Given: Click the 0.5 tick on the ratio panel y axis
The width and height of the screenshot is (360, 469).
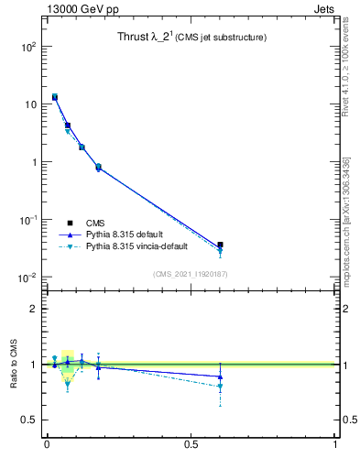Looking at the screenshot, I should (x=28, y=420).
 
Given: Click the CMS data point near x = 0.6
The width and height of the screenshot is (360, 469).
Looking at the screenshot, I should (x=220, y=245).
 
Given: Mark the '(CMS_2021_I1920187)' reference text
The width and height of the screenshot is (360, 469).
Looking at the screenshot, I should (x=191, y=274).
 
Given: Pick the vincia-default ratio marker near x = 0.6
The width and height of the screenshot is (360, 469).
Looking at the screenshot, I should (x=220, y=387).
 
